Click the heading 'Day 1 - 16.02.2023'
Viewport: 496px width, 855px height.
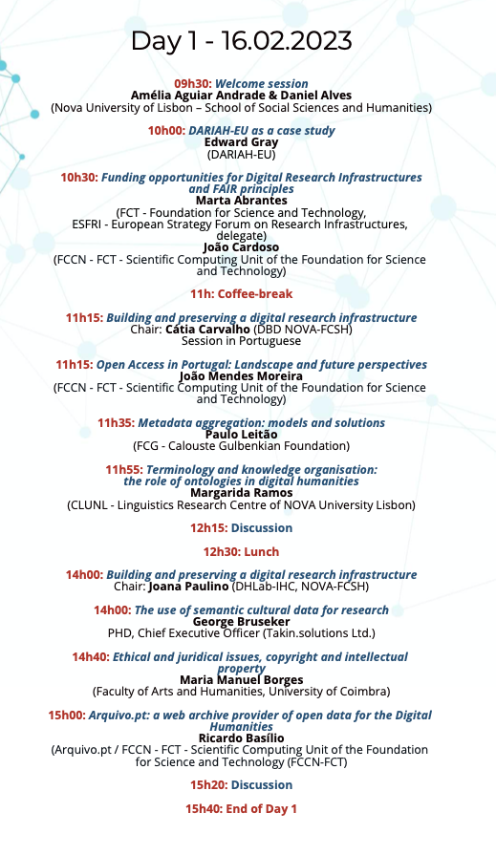pyautogui.click(x=241, y=41)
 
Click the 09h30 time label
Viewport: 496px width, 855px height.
pyautogui.click(x=192, y=84)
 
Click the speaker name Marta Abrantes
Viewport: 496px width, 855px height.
pyautogui.click(x=241, y=200)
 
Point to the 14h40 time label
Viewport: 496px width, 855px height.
pyautogui.click(x=91, y=657)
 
